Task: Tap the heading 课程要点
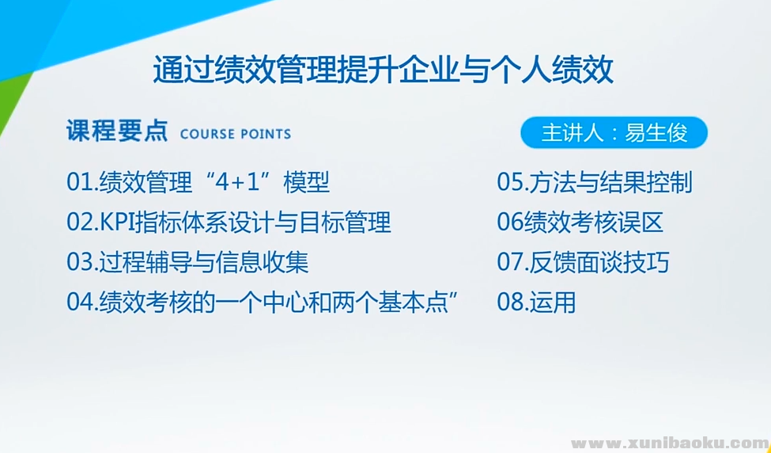point(116,131)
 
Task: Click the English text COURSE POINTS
point(236,134)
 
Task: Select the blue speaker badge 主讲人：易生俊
point(614,133)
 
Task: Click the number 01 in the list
point(79,183)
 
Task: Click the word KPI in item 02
point(118,223)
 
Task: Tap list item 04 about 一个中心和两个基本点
point(264,302)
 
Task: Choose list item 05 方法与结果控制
point(595,183)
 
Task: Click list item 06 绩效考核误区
point(580,223)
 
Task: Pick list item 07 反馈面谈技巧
point(583,262)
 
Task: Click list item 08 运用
point(536,302)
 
